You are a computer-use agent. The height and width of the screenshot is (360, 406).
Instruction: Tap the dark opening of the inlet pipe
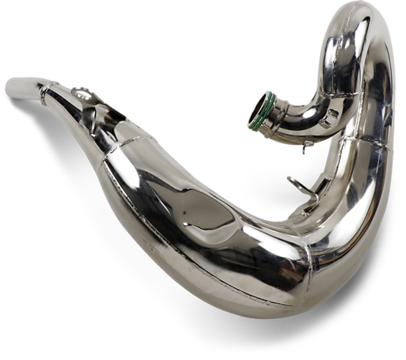tap(257, 109)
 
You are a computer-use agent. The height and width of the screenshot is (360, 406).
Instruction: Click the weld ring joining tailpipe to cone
tap(45, 94)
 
